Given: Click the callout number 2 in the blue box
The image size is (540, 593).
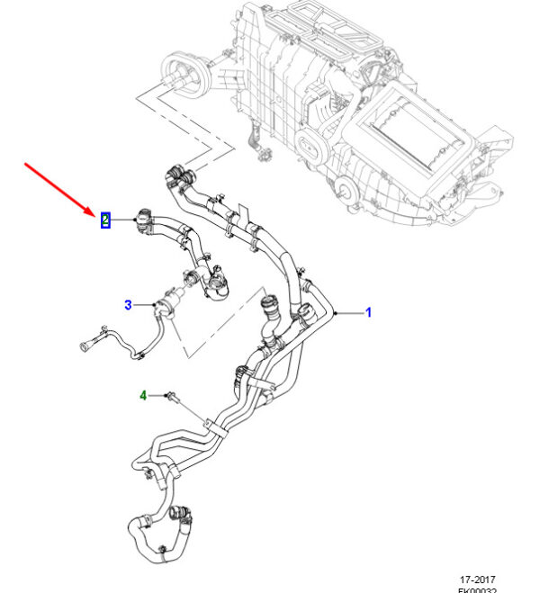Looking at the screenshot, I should (x=105, y=219).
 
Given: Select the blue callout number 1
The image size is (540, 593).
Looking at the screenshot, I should (x=368, y=312).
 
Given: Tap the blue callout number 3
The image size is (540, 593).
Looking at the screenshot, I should (x=128, y=305).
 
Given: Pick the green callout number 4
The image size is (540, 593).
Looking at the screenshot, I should (x=142, y=394).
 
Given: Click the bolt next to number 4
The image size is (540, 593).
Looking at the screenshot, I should (x=172, y=395).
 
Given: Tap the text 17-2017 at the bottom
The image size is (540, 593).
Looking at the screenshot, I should (x=476, y=580).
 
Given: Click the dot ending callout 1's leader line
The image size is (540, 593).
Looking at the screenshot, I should (x=334, y=312).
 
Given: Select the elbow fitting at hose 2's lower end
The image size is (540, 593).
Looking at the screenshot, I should (x=215, y=289).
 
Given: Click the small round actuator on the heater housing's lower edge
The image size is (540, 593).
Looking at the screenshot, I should (x=342, y=188).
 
